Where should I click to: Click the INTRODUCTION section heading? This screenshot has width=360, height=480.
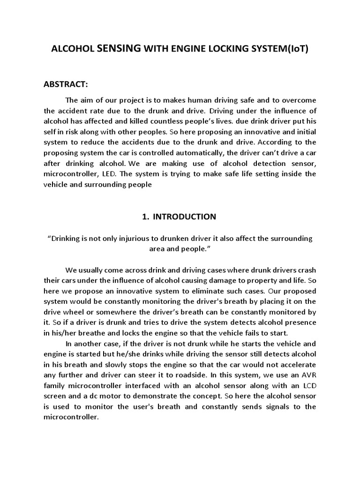[x=184, y=217]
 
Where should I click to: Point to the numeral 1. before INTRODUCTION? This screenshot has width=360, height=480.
[x=145, y=217]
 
